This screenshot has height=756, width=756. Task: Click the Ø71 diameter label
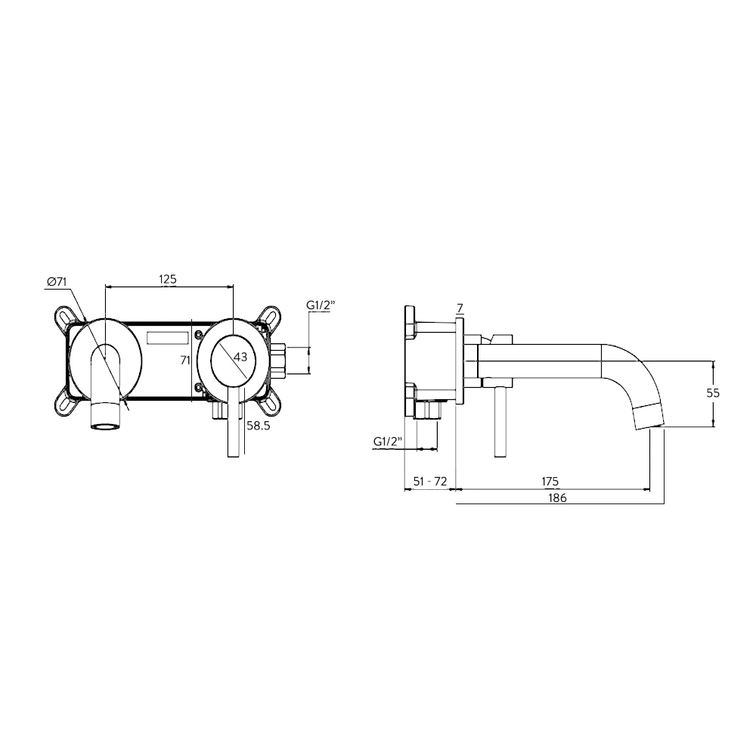tap(57, 281)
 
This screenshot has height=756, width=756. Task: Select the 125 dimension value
tap(168, 280)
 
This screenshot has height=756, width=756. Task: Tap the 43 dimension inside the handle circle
tap(241, 356)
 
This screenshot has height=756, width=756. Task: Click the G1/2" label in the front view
tap(321, 305)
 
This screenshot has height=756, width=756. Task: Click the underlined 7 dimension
tap(460, 307)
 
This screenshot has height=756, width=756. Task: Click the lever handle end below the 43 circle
tap(234, 446)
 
